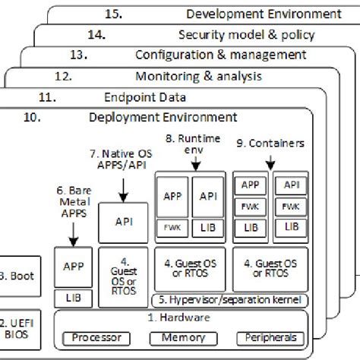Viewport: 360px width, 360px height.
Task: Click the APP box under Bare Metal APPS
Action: click(72, 267)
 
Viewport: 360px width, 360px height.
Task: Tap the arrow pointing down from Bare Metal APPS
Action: click(72, 237)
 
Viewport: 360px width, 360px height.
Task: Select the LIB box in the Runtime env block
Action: click(207, 226)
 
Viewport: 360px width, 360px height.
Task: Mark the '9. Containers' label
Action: click(269, 142)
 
